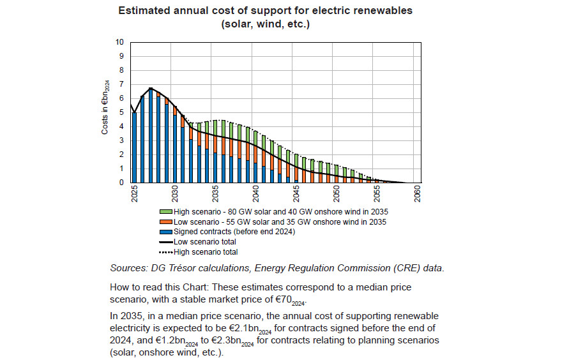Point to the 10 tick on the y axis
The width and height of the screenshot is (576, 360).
119,42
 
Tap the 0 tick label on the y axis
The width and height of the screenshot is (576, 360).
121,183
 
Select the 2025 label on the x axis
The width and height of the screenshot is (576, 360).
134,193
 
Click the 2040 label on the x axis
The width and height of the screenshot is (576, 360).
255,193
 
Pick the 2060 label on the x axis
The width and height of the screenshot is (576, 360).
417,193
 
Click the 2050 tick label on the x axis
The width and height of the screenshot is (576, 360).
337,193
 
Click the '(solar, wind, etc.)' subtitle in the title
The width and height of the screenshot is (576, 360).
266,24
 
